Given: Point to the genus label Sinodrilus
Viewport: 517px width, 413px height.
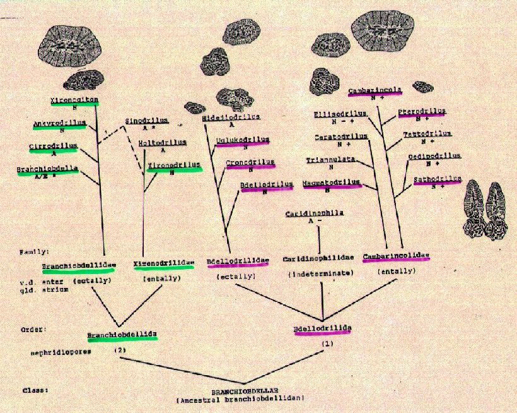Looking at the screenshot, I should click(x=146, y=119).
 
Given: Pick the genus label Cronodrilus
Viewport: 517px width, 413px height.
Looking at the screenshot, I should click(x=250, y=162).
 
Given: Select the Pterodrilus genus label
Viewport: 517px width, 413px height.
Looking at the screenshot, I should click(x=421, y=111).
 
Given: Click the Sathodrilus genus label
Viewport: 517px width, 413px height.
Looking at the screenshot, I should click(x=437, y=179).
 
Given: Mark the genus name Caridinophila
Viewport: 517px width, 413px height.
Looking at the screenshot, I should click(x=315, y=213).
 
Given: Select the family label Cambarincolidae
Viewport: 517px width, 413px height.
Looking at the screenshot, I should click(x=396, y=256).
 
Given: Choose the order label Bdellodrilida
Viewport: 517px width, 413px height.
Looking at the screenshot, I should click(x=322, y=329).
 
